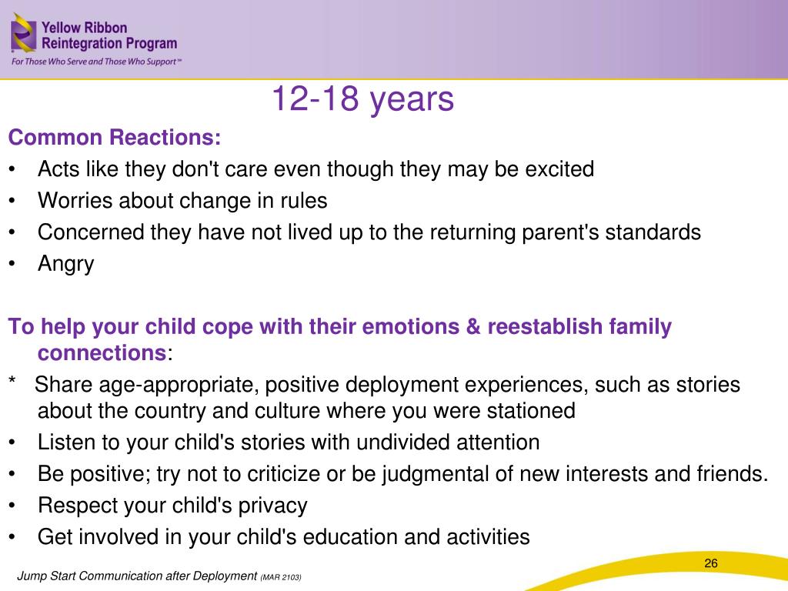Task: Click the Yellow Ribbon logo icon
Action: point(23,33)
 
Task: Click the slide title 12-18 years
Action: point(362,99)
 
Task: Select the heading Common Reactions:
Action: point(115,137)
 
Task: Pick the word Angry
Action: point(66,265)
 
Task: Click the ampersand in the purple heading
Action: point(473,326)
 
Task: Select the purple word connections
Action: point(102,352)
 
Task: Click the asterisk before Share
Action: point(12,380)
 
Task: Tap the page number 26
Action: point(710,563)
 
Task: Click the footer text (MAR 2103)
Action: point(281,577)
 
